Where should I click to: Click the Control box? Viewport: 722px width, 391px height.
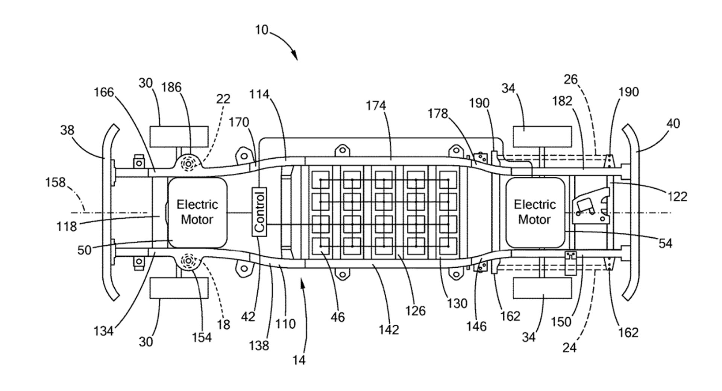click(x=259, y=212)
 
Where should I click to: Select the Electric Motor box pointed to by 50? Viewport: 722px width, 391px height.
click(x=197, y=212)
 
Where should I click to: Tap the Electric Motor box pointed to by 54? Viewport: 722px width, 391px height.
click(x=535, y=212)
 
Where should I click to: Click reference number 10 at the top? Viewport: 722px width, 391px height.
click(x=262, y=30)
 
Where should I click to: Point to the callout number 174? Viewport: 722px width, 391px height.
click(x=376, y=106)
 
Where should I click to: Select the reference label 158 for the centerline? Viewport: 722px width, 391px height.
click(x=55, y=182)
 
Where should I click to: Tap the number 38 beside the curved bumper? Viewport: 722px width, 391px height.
click(x=67, y=130)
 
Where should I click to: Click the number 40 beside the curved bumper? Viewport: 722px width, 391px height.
click(x=673, y=123)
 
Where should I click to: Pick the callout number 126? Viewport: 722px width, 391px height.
click(x=415, y=311)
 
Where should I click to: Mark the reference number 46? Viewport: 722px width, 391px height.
click(x=338, y=317)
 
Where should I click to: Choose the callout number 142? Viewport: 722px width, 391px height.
click(x=388, y=329)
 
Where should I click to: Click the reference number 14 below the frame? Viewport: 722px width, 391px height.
click(x=299, y=360)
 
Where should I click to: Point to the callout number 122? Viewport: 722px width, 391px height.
click(x=678, y=196)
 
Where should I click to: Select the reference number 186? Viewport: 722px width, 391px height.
click(x=171, y=87)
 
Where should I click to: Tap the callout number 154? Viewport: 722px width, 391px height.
click(x=202, y=337)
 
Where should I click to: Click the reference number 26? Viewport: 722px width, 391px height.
click(x=570, y=79)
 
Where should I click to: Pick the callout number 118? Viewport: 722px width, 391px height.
click(x=67, y=226)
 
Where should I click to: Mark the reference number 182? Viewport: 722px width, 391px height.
click(x=562, y=101)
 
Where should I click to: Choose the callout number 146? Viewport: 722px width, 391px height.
click(x=476, y=326)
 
